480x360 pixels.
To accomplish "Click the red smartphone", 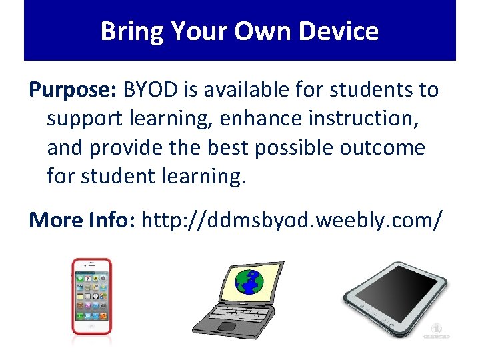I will [91, 296].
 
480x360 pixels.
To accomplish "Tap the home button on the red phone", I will [91, 326].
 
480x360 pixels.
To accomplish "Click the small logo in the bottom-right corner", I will [437, 331].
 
